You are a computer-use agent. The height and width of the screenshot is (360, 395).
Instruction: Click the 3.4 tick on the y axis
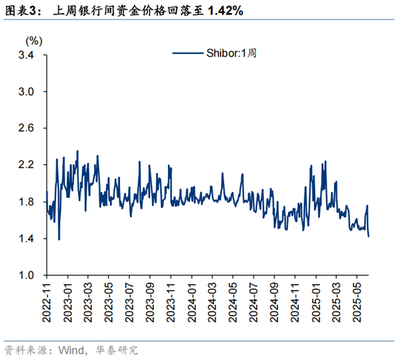click(x=27, y=55)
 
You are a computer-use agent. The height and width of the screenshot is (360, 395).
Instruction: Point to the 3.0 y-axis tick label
click(x=27, y=91)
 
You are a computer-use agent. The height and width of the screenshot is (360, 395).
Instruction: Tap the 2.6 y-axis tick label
click(x=27, y=128)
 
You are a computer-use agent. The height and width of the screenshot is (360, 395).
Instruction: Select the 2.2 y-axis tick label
click(x=27, y=165)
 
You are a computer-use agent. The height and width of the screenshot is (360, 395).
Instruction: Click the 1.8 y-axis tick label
click(x=27, y=201)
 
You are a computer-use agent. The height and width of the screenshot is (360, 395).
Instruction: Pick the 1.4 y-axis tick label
click(x=27, y=239)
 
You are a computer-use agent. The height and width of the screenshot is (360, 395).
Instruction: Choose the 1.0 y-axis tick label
click(x=27, y=275)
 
